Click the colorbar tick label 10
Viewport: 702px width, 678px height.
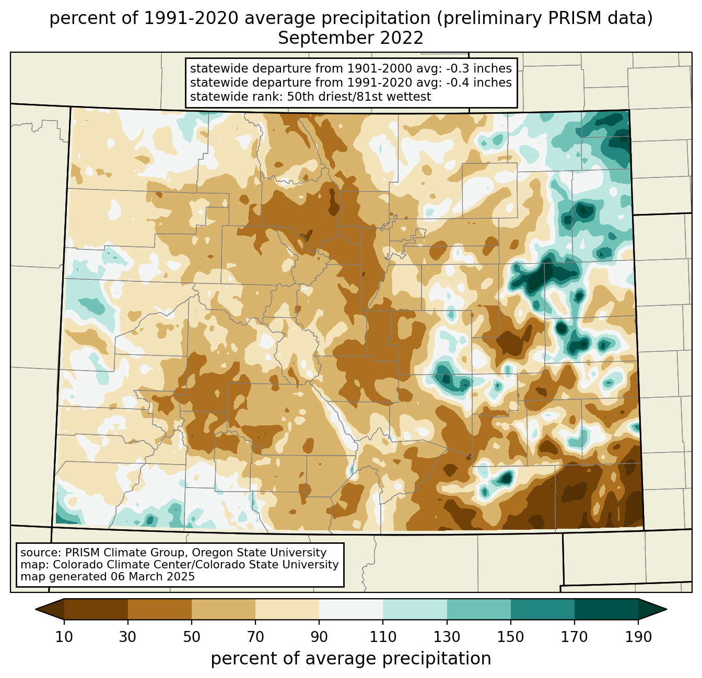coord(64,637)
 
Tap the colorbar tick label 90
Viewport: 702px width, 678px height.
coord(319,637)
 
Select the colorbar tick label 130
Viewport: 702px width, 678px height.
coord(447,637)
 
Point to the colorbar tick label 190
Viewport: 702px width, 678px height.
coord(638,637)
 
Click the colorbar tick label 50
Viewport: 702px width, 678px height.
coord(192,637)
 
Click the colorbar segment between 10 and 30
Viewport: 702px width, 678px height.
coord(96,609)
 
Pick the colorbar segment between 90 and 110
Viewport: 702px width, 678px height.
coord(351,609)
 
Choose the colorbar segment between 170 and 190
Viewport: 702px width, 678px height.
coord(606,609)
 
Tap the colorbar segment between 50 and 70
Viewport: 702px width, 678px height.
coord(224,609)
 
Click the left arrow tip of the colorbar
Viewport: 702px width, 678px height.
coord(36,609)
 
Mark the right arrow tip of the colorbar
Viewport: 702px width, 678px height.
coord(666,609)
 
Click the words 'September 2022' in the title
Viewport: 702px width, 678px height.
coord(350,38)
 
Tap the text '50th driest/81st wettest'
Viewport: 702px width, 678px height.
coord(359,97)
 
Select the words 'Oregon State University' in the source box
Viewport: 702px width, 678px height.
coord(259,553)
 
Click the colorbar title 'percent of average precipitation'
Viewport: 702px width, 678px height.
coord(350,658)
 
